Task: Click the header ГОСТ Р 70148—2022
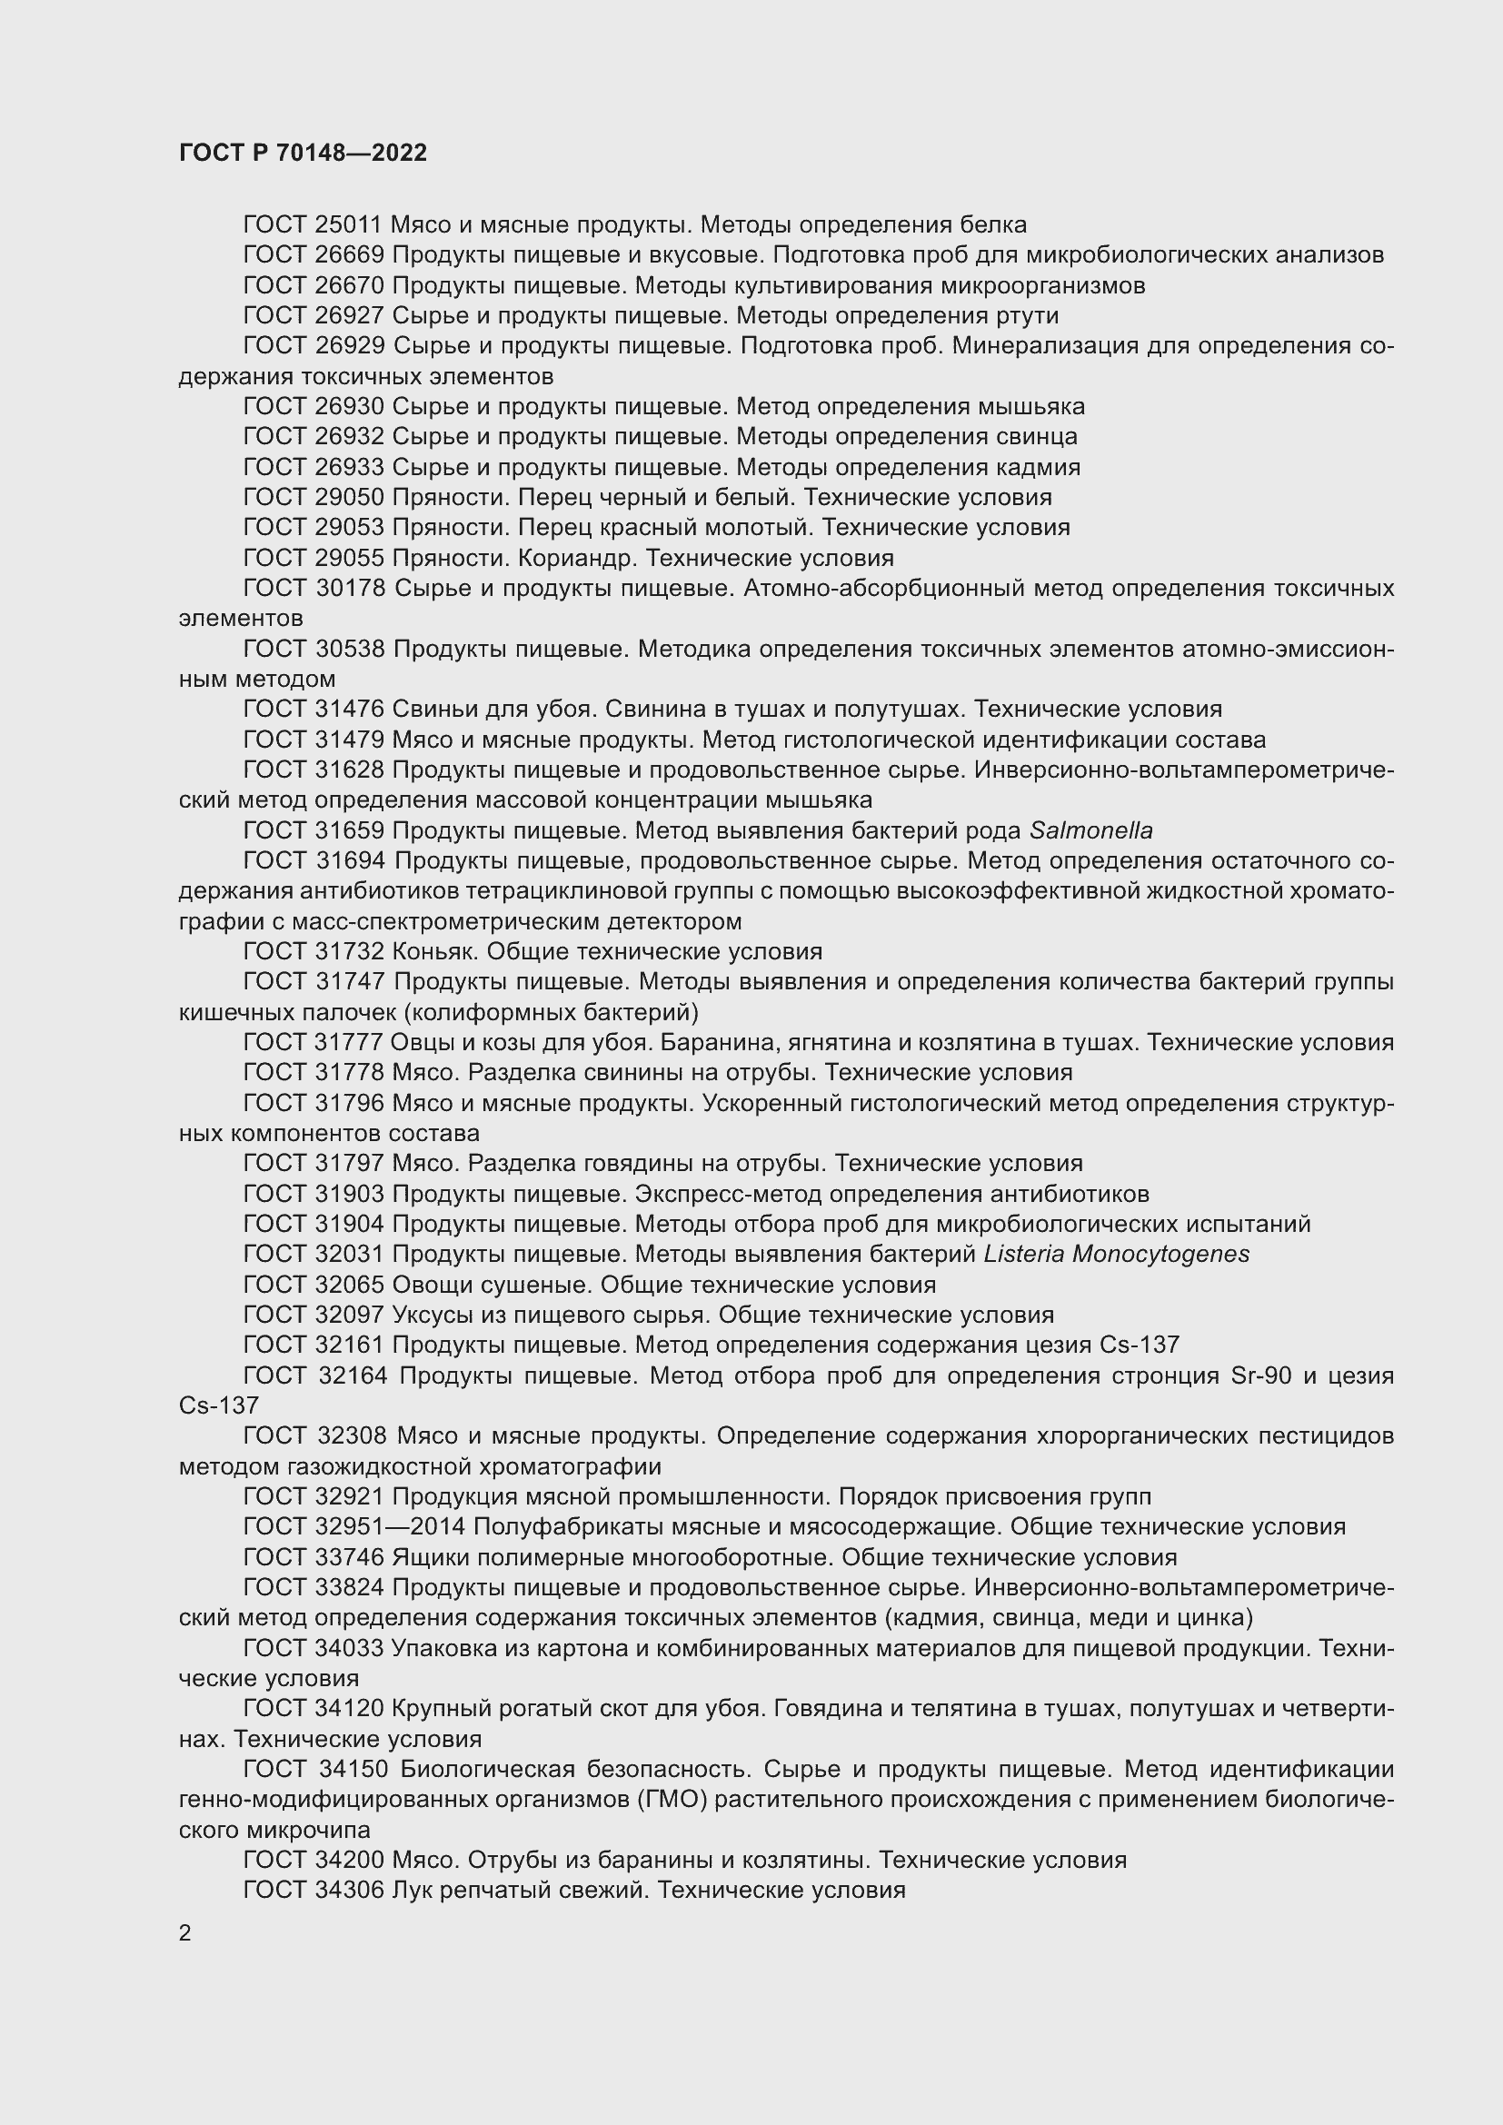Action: pos(303,153)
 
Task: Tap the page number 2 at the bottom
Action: pos(185,1932)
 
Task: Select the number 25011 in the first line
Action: pos(349,225)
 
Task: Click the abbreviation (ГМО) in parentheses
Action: pos(665,1800)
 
